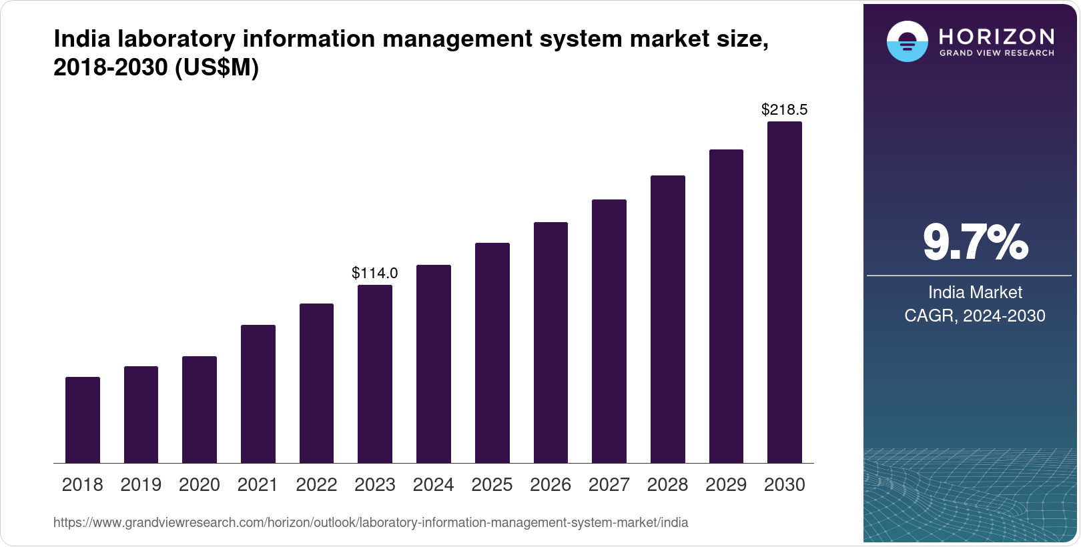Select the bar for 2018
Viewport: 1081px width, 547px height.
[83, 420]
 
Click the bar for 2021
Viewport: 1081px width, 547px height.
[258, 394]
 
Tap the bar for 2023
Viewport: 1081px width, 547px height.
[374, 374]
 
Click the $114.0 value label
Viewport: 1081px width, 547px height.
[374, 273]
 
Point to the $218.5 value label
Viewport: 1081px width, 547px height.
[784, 109]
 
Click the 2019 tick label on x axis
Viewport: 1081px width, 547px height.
[141, 485]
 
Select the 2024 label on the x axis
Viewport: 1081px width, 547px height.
[433, 485]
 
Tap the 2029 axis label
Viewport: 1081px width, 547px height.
[726, 485]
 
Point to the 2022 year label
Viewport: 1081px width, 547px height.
[316, 485]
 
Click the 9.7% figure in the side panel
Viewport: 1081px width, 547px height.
[975, 243]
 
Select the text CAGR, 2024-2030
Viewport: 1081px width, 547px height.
[974, 316]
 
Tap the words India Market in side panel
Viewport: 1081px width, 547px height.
[975, 292]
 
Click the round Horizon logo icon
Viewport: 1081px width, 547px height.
[907, 41]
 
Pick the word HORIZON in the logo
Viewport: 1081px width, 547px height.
[996, 36]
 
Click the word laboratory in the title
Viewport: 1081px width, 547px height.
[176, 39]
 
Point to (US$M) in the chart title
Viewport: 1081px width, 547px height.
[216, 67]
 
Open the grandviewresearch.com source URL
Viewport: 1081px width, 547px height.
[370, 522]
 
